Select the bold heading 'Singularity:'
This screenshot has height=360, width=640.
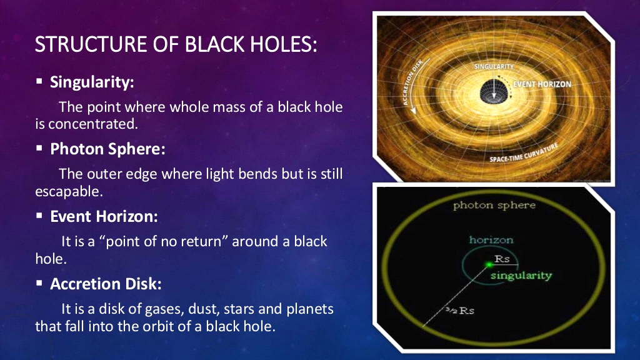(92, 82)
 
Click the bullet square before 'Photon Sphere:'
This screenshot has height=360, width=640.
(39, 149)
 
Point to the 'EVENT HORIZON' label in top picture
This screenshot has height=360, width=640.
(541, 84)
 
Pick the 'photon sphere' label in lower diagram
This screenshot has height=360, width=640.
(494, 205)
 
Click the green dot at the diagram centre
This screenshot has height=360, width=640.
(489, 264)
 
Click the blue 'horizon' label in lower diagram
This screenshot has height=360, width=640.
(491, 240)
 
